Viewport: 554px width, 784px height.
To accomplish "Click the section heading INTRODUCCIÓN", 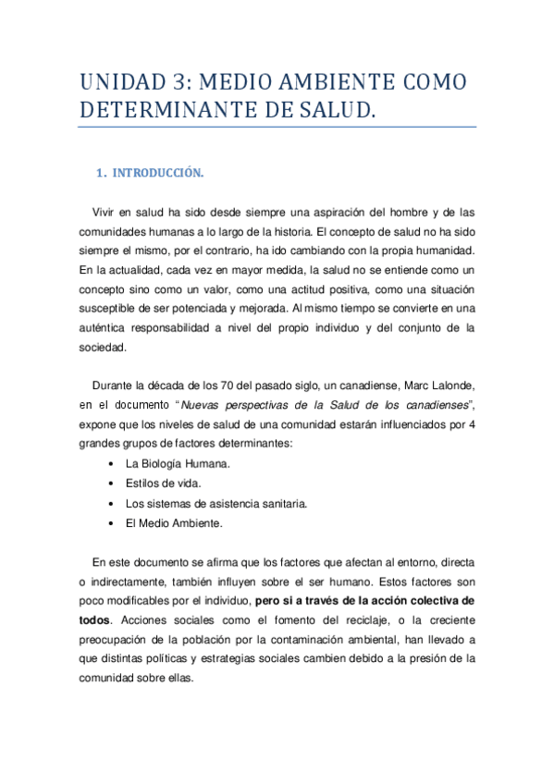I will (x=163, y=172).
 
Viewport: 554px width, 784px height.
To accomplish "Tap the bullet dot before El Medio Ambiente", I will (x=112, y=523).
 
